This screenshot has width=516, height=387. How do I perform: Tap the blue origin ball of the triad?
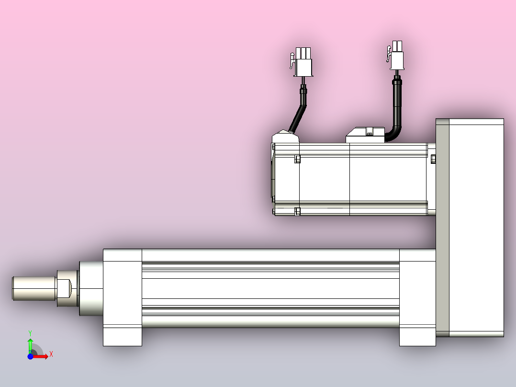(30, 357)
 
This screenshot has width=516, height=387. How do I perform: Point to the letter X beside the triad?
(51, 354)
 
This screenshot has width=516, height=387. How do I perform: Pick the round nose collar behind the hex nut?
(91, 288)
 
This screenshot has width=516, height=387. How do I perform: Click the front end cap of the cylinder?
(122, 297)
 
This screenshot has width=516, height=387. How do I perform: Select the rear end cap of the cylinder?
(417, 297)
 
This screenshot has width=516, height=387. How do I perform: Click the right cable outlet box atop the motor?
(365, 135)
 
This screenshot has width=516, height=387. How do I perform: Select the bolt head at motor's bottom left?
(297, 211)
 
